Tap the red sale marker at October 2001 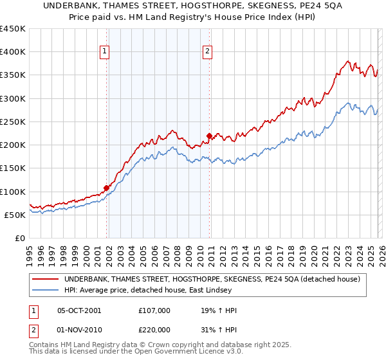pyautogui.click(x=106, y=188)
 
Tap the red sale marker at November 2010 pyautogui.click(x=210, y=136)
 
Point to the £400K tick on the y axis pyautogui.click(x=14, y=52)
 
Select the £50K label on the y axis pyautogui.click(x=15, y=215)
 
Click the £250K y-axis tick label pyautogui.click(x=14, y=122)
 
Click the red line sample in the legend pyautogui.click(x=46, y=279)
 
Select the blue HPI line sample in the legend pyautogui.click(x=46, y=291)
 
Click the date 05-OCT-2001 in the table pyautogui.click(x=79, y=310)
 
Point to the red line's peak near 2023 pyautogui.click(x=347, y=62)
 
